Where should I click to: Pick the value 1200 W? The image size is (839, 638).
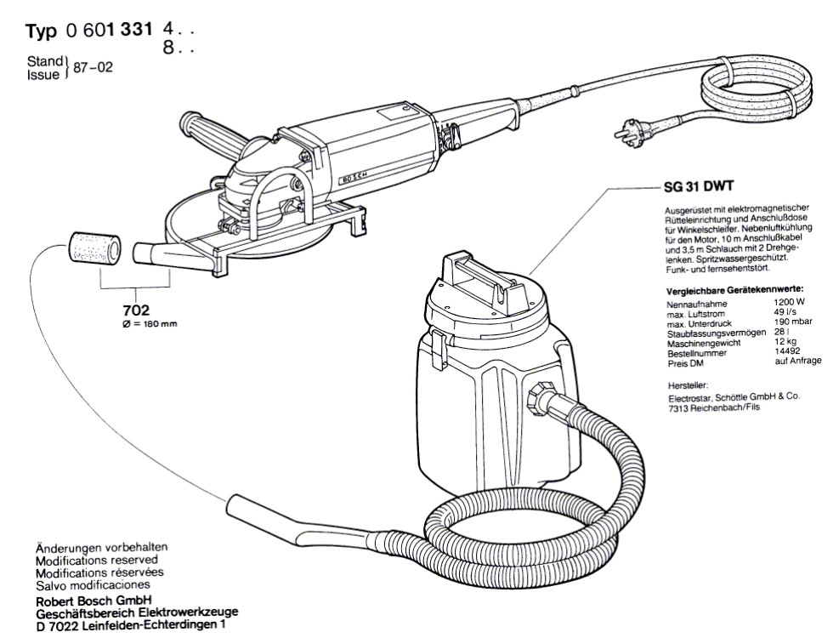click(x=791, y=301)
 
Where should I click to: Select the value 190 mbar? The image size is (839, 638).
click(x=792, y=322)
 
